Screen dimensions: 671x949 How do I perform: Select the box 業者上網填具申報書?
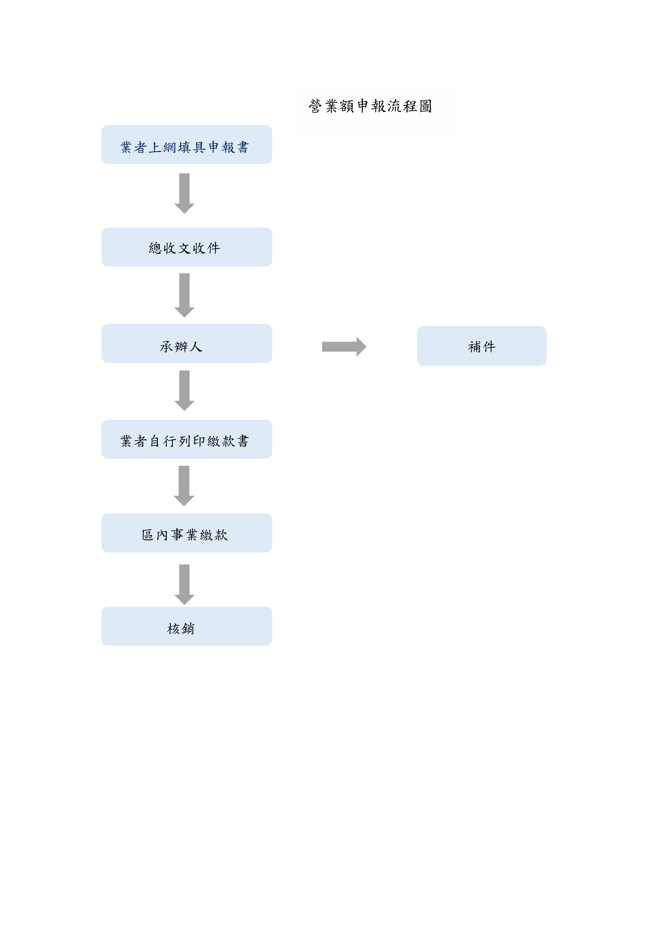coord(186,145)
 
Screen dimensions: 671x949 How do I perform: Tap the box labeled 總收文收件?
coord(186,247)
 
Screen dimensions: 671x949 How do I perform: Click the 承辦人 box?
coord(186,343)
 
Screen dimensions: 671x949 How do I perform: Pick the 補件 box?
coord(482,346)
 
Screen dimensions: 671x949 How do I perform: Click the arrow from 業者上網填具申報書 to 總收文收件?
coord(184,193)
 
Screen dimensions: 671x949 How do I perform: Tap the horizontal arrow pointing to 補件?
coord(344,347)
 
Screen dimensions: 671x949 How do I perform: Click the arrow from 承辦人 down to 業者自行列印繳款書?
coord(184,391)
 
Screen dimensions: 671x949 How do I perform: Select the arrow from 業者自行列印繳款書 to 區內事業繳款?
coord(184,486)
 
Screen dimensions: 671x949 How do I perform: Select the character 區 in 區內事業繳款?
coord(148,535)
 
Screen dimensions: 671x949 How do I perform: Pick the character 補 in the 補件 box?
coord(475,346)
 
